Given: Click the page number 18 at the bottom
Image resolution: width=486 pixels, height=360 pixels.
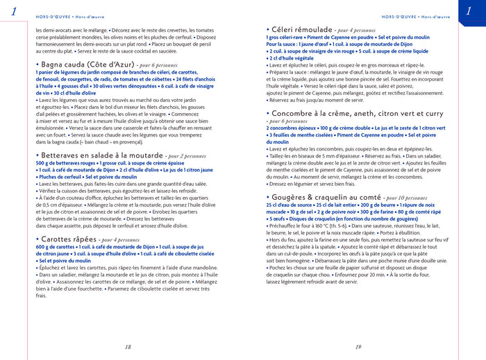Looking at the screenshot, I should [127, 347].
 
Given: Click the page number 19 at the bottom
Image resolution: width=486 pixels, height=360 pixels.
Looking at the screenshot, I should [358, 347].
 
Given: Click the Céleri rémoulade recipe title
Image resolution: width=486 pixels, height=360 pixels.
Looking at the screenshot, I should [300, 30].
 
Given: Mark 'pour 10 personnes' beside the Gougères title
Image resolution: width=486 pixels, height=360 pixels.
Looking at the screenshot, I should [411, 198].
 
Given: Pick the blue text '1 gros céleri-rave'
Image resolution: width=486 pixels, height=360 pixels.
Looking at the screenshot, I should [289, 37].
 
